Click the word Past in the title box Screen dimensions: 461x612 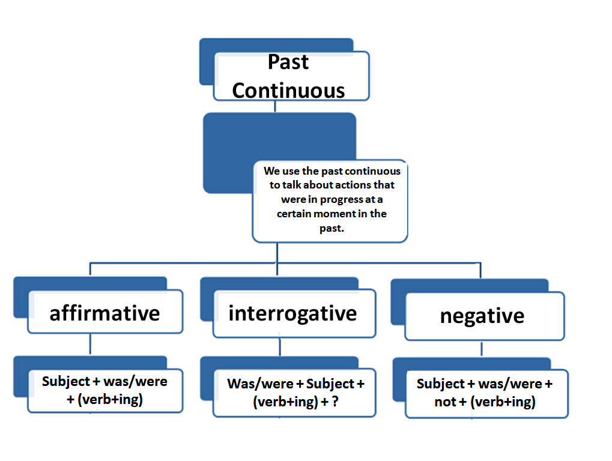pos(288,62)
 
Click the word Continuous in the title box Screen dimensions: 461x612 pos(288,90)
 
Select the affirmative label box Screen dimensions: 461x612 pos(105,313)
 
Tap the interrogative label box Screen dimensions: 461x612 pos(293,313)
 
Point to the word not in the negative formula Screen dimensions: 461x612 pos(445,402)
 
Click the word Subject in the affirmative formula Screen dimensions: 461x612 pos(64,381)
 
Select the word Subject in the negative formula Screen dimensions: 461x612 pos(441,384)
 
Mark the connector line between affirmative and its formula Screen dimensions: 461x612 pos(89,345)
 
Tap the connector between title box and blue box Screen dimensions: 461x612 pos(275,106)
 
